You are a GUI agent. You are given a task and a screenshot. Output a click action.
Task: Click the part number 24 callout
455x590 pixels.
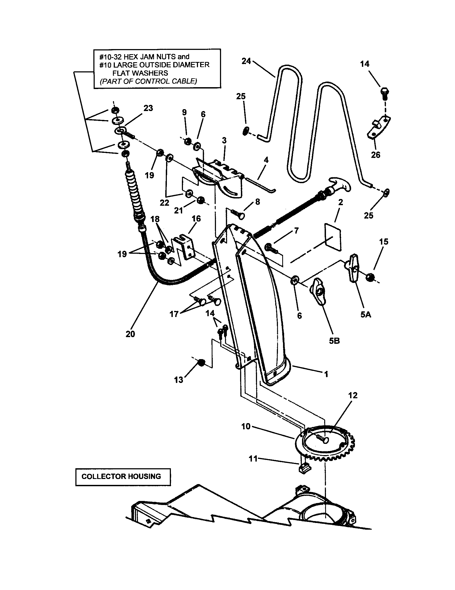[x=246, y=61]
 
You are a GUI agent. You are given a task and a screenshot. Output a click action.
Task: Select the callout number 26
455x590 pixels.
[x=375, y=155]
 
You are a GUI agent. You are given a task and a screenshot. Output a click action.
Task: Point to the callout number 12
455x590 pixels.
[x=353, y=395]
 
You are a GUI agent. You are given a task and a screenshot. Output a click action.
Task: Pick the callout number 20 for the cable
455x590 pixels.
[x=130, y=334]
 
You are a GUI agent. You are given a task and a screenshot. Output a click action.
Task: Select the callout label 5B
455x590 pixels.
[x=334, y=341]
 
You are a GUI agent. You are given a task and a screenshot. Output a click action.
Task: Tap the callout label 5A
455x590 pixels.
[x=366, y=315]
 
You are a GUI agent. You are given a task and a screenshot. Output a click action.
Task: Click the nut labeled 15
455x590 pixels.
[x=370, y=278]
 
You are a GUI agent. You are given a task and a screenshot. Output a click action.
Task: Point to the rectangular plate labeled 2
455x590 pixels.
[x=333, y=235]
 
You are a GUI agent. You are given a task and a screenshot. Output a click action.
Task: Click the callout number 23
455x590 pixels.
[x=148, y=108]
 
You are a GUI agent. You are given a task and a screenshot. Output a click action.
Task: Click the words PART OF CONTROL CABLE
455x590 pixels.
[x=148, y=81]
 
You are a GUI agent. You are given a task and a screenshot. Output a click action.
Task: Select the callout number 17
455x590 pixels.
[x=174, y=314]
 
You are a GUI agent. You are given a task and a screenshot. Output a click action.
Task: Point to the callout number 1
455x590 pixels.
[x=326, y=374]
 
